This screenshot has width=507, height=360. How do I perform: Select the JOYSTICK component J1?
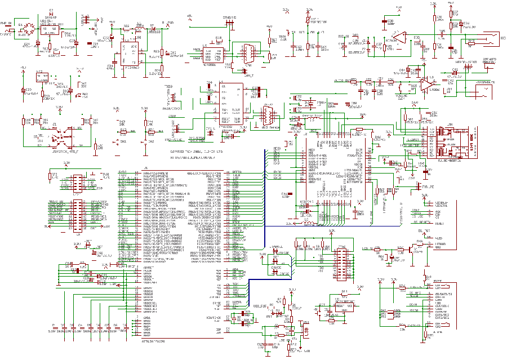(55, 136)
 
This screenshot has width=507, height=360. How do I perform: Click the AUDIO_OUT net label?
(340, 81)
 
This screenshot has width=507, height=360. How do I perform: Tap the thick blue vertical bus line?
(265, 214)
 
